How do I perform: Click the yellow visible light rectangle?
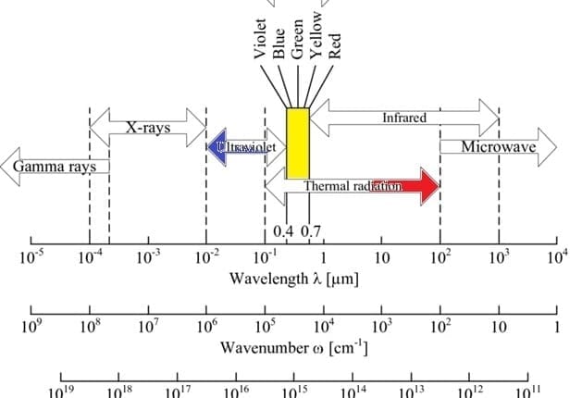pos(297,143)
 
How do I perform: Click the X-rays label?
pos(148,127)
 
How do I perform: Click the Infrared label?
pos(404,118)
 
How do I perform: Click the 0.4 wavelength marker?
pos(285,230)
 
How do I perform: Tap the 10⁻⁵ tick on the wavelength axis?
pos(31,256)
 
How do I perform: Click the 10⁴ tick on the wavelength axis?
pos(556,256)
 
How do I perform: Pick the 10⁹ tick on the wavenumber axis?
pos(31,326)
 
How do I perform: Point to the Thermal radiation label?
pos(353,186)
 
